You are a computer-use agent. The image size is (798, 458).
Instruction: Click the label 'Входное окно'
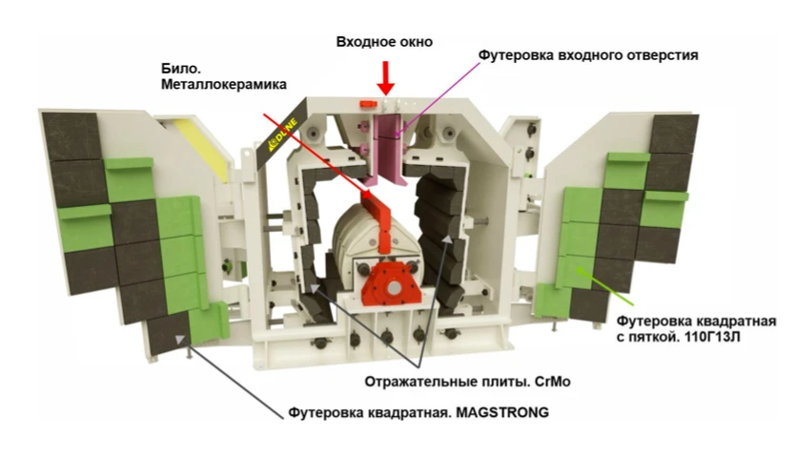384,42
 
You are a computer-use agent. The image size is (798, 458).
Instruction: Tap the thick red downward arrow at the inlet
386,78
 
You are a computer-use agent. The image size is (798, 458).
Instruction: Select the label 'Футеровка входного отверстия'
588,55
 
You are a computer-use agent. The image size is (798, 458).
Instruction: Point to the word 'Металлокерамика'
224,84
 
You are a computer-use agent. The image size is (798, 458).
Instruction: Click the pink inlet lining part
386,149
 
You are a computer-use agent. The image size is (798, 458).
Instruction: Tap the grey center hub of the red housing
394,288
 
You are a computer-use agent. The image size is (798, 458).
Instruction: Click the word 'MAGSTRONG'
502,412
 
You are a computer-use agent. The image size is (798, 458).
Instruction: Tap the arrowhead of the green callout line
579,271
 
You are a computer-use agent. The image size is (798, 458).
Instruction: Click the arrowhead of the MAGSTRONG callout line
178,340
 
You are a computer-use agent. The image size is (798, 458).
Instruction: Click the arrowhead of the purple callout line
397,134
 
